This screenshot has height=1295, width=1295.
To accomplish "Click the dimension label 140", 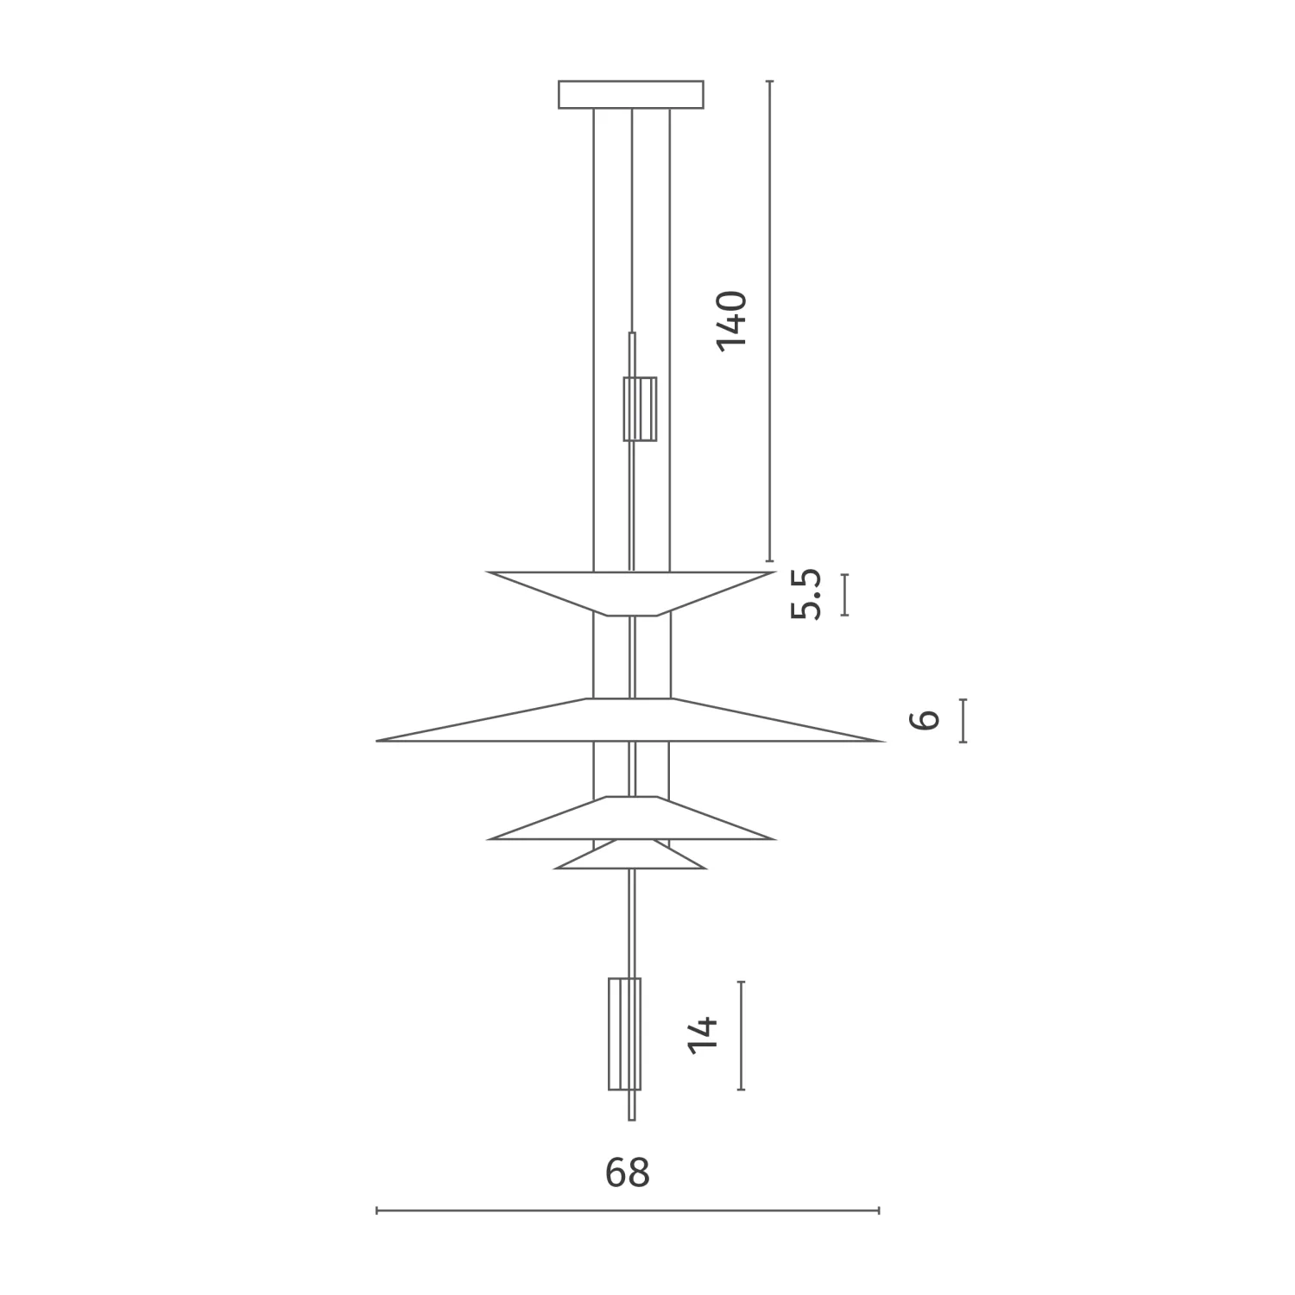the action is tap(731, 320).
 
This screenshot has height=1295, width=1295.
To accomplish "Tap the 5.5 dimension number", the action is tap(806, 594).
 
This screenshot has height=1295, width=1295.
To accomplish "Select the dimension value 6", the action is tap(925, 719).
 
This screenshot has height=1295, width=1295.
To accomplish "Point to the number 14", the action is tap(704, 1034).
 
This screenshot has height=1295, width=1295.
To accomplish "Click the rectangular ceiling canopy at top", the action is tap(631, 94).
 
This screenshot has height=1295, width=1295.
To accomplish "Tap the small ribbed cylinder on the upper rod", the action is tap(640, 408).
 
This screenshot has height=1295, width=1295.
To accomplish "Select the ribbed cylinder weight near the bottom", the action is tap(625, 1033).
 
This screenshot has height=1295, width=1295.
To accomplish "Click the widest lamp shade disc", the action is tap(630, 720).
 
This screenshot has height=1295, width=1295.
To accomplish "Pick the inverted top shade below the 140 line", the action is tap(631, 593).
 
